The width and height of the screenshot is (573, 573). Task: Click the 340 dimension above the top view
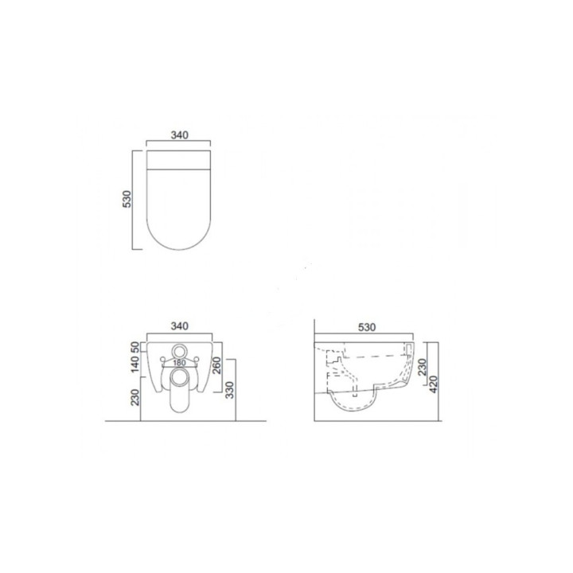(x=179, y=135)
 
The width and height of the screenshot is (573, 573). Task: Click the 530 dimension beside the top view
(x=127, y=199)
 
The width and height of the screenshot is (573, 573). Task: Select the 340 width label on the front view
(x=179, y=325)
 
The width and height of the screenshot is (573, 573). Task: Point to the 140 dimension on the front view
(x=136, y=366)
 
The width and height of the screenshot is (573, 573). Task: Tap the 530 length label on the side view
(x=367, y=326)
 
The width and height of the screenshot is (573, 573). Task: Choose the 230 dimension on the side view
(x=423, y=365)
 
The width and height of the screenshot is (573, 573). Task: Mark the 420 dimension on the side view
(x=435, y=386)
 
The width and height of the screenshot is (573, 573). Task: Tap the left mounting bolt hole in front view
(x=162, y=362)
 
